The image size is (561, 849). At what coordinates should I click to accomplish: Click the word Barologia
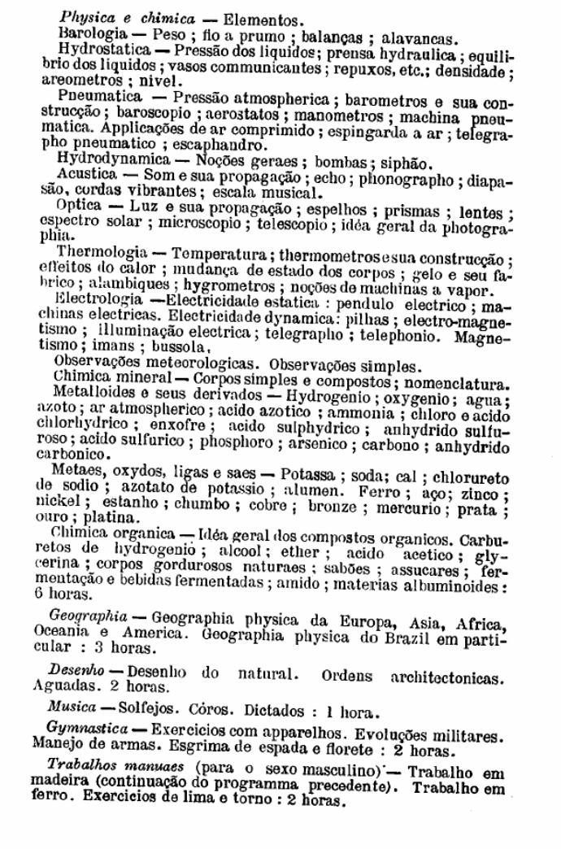tap(92, 34)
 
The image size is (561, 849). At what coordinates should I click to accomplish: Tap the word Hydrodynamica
tap(111, 160)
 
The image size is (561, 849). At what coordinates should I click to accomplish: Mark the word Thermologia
tap(102, 253)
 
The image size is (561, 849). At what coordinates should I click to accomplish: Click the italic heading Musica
tap(72, 707)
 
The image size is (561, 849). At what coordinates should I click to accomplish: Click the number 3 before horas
tap(85, 648)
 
